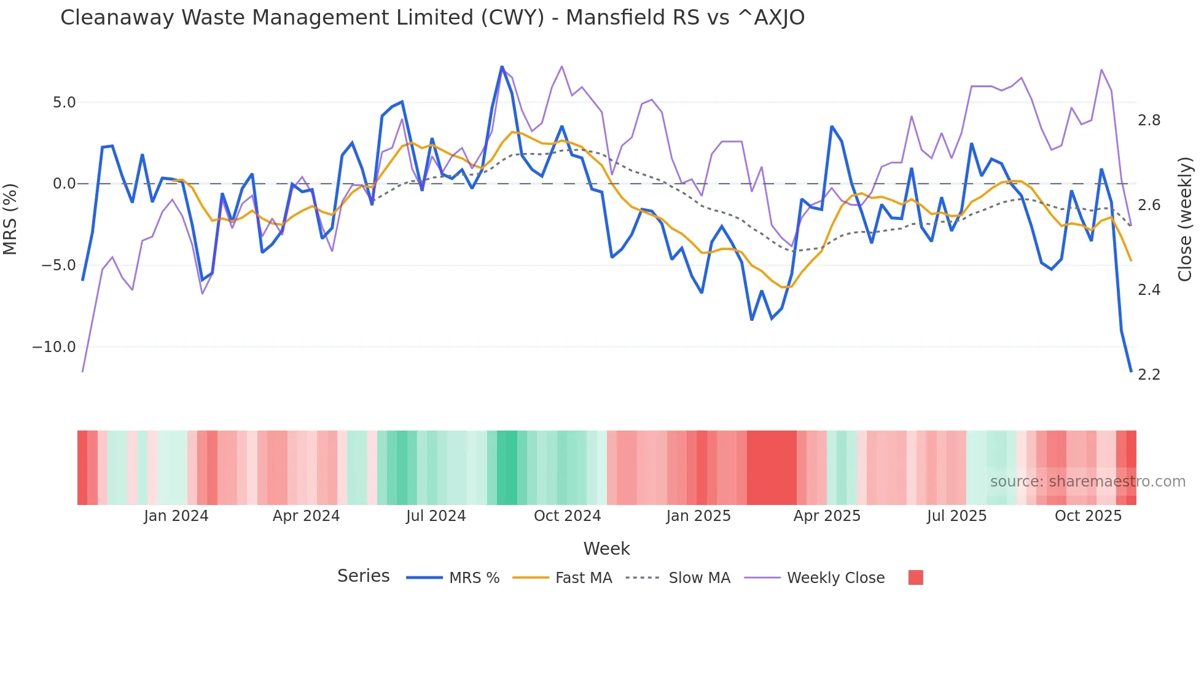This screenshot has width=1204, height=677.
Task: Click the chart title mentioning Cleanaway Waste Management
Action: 432,18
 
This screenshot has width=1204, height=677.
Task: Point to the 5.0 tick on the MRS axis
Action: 64,103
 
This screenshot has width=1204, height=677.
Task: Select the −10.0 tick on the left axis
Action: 54,347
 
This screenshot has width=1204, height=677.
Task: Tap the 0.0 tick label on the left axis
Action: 64,184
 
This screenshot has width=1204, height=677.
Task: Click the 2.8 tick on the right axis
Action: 1149,120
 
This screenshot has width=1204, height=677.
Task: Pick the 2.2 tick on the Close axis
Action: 1149,375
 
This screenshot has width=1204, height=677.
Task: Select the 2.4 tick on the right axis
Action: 1149,290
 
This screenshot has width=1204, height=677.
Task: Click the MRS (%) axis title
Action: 10,219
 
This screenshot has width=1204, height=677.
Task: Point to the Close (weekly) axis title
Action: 1185,219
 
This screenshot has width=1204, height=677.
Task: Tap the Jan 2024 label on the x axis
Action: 176,516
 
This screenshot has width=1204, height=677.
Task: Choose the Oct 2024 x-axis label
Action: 567,516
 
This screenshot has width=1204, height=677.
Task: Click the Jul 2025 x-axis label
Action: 956,516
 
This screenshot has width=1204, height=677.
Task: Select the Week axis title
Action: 606,549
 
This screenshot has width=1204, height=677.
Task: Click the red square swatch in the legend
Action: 915,577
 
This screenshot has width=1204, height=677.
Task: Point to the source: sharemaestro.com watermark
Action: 1087,482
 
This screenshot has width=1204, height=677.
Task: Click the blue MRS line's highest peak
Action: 502,66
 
